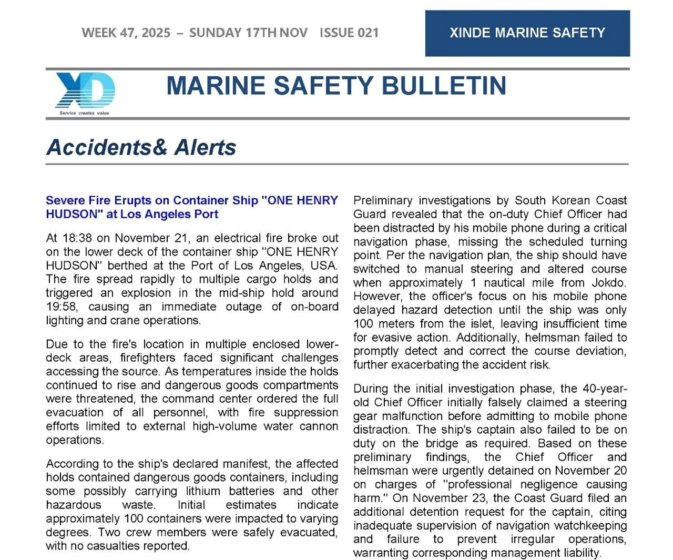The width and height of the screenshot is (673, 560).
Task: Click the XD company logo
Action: click(x=85, y=90)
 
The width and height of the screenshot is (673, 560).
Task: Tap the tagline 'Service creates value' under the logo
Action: click(x=84, y=113)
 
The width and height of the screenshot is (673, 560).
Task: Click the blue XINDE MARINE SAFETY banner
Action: click(x=527, y=33)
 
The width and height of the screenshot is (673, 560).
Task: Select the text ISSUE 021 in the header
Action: click(x=349, y=33)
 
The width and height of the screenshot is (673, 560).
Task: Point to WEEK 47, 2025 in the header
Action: click(x=126, y=33)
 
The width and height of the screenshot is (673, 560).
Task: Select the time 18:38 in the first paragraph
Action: click(x=77, y=238)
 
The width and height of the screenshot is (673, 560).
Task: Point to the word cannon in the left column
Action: click(x=319, y=426)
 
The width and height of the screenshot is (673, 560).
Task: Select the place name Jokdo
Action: click(x=609, y=282)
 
